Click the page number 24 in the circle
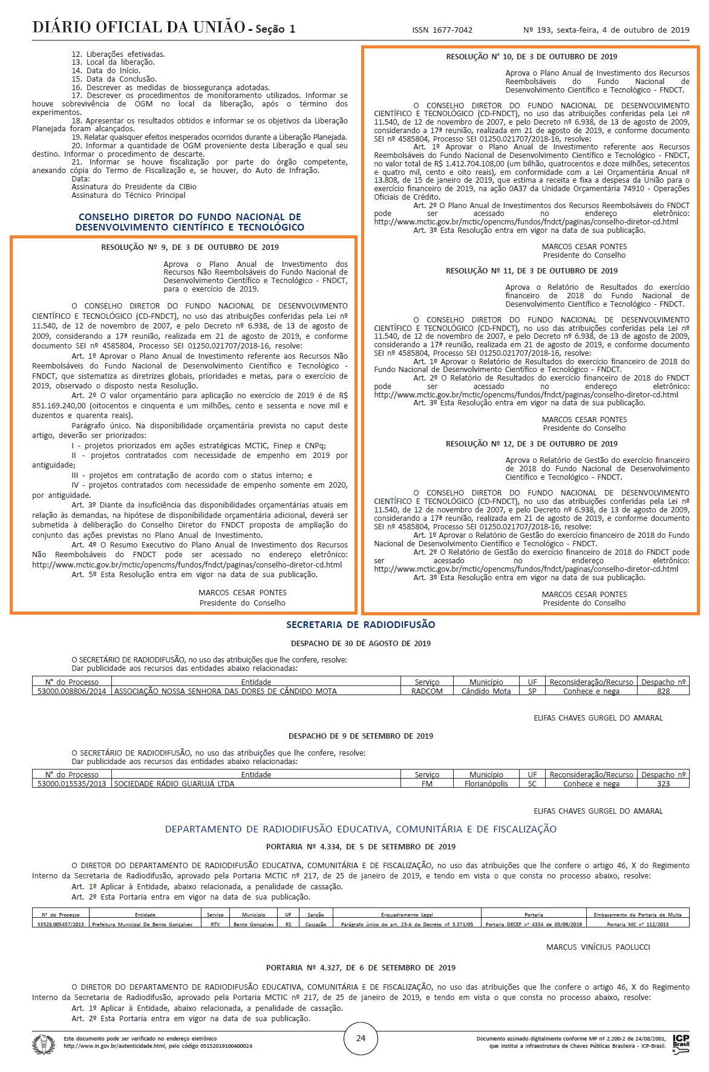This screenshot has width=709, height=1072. click(x=361, y=1038)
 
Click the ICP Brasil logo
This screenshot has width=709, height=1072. click(x=681, y=1043)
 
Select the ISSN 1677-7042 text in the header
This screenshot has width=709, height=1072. click(x=442, y=30)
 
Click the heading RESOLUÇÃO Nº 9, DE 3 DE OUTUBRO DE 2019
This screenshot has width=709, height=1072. click(x=190, y=247)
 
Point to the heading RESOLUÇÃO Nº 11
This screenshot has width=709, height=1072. click(x=531, y=270)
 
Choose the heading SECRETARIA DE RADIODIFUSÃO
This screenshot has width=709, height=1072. click(x=361, y=624)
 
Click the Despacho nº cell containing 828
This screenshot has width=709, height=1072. click(x=663, y=691)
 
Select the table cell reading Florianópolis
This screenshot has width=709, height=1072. click(x=486, y=783)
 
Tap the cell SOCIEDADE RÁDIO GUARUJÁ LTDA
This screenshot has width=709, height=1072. click(x=174, y=783)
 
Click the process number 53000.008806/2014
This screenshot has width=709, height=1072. click(x=71, y=691)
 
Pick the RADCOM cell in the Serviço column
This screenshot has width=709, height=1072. click(x=426, y=691)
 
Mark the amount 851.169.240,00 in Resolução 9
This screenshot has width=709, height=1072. click(x=59, y=405)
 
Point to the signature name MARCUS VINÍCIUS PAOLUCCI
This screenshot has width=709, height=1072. click(x=598, y=947)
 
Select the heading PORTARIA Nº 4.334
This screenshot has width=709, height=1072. click(x=361, y=846)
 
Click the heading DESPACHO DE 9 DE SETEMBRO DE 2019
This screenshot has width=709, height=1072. click(x=361, y=736)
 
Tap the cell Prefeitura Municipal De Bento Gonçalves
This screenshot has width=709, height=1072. click(x=142, y=924)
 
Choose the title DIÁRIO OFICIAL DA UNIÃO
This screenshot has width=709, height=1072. click(x=139, y=27)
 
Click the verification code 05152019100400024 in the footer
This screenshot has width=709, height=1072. click(x=226, y=1045)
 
